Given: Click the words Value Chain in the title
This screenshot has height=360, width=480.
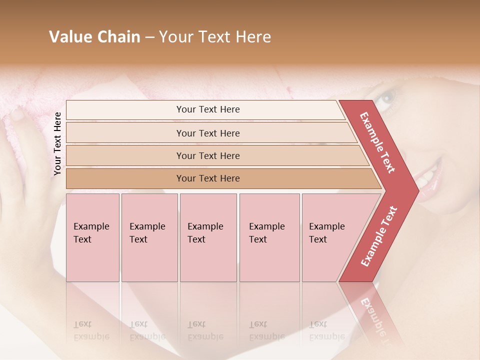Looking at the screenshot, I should [x=94, y=37].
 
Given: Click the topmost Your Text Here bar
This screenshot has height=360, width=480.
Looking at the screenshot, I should [x=207, y=109].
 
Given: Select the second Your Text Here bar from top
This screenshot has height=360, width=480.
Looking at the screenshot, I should [x=207, y=133].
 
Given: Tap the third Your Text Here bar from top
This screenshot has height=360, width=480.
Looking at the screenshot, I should [x=207, y=155].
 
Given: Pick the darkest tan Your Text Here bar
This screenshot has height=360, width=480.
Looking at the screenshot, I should [x=207, y=178].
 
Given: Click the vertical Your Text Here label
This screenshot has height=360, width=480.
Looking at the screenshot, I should [x=58, y=144].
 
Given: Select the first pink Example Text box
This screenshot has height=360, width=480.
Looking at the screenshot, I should [x=92, y=237].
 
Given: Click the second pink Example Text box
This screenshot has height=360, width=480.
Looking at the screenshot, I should [x=149, y=237].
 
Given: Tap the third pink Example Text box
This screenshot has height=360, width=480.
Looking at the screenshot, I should [x=207, y=237].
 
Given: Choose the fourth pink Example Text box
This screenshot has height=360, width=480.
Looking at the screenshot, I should [x=269, y=237].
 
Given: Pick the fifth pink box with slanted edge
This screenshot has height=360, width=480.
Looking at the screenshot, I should [x=330, y=237].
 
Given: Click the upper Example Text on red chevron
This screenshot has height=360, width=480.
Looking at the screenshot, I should [x=377, y=142].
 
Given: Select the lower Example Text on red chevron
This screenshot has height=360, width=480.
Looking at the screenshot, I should [x=378, y=236].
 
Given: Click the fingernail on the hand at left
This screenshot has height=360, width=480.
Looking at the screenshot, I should [x=17, y=115].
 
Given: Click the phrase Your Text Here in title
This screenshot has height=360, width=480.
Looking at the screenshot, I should [x=215, y=37].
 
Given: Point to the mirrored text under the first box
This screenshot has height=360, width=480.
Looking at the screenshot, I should [x=91, y=331].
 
